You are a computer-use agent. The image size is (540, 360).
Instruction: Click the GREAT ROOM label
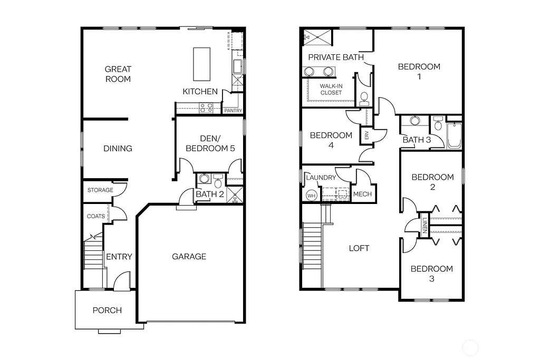coord(118,74)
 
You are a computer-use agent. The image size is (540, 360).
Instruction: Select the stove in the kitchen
coord(206,108)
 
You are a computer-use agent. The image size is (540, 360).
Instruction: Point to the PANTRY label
coord(233,111)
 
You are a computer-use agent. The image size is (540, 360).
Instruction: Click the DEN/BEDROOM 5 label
coord(210,143)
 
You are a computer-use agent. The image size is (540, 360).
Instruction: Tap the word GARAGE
coord(189,257)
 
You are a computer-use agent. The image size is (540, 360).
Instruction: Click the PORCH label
coord(107,310)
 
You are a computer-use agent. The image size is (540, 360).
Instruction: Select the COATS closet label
coord(95,216)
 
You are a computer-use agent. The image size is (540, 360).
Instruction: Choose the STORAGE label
coord(100,190)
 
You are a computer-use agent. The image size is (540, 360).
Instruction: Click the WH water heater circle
coord(311,194)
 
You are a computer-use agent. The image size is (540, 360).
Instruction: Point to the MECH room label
coord(362,194)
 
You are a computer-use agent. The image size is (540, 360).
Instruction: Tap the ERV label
coord(366,135)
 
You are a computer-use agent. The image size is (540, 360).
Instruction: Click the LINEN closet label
coord(423,226)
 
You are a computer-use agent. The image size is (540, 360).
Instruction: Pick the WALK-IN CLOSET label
coord(331,89)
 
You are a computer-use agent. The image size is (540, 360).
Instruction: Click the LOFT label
coord(359,248)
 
